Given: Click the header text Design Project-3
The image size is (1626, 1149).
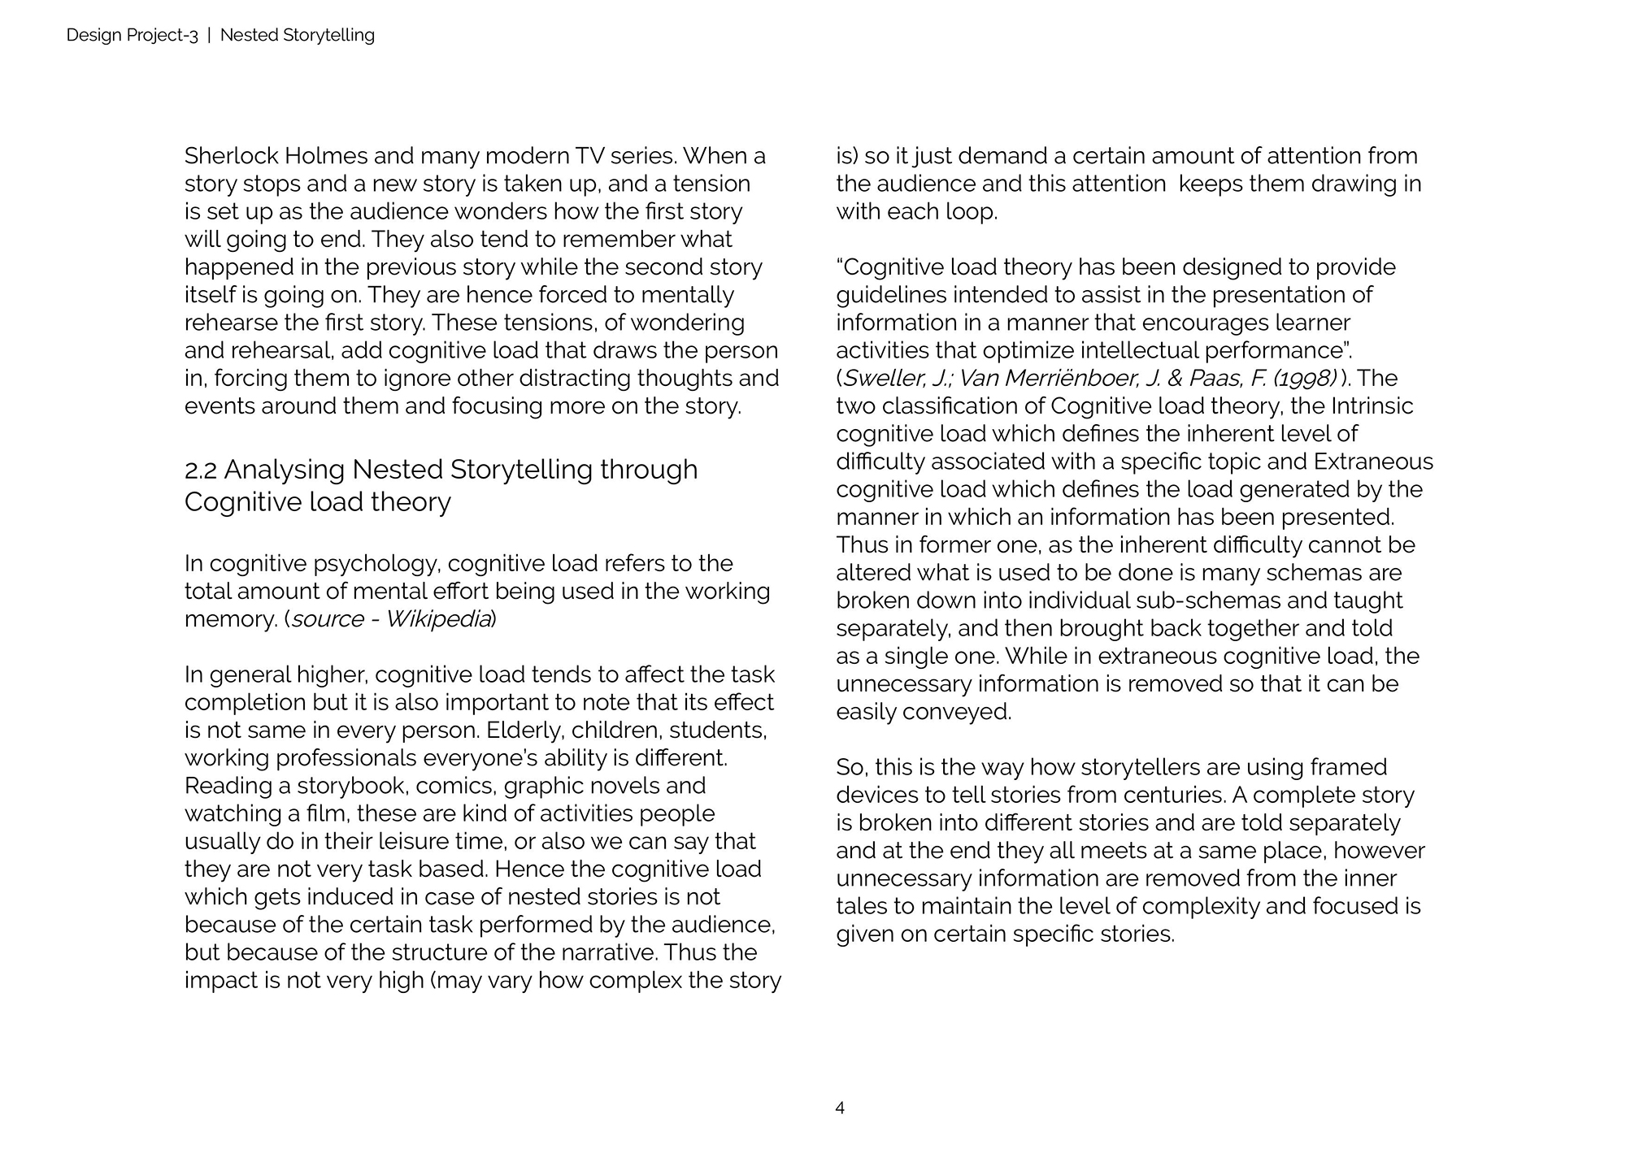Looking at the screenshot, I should coord(132,35).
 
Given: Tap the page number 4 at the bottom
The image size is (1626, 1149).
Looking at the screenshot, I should coord(840,1108).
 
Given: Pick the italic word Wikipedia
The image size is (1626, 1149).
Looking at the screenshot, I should coord(437,619).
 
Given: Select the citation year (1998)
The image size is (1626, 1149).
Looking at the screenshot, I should coord(1304,379).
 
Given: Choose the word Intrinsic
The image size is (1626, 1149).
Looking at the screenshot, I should coord(1372,406).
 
